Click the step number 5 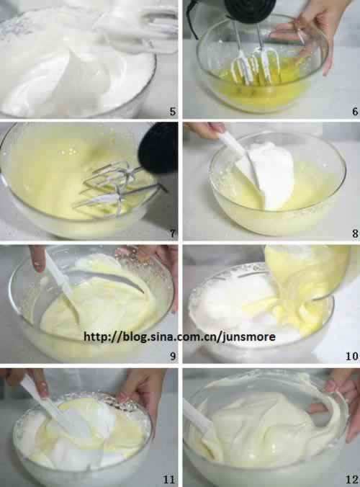[173, 111]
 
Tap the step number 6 [355, 111]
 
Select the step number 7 [173, 233]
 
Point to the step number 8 [355, 233]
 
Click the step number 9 [173, 356]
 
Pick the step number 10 [352, 356]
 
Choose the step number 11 [169, 479]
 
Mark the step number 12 [352, 479]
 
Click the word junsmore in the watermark [249, 337]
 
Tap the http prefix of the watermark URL [96, 336]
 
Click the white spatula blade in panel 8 [248, 174]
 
